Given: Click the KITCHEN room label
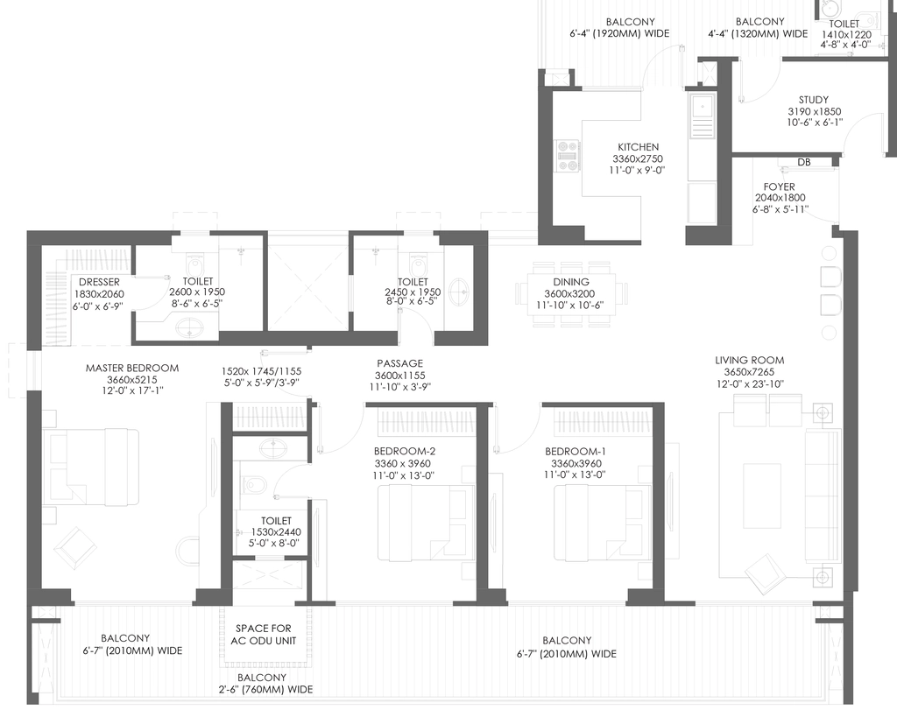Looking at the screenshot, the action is point(638,147).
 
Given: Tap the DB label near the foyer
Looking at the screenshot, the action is point(804,162).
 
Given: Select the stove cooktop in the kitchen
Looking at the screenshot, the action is point(569,156).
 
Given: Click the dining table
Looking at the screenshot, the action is point(571,294).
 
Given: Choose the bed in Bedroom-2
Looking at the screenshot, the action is point(426,524).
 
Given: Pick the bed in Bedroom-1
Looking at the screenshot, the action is point(603,524).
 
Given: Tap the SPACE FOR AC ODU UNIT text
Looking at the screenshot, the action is point(264,635).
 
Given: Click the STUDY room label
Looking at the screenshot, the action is point(814,100).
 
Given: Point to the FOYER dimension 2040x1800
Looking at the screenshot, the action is point(780,198).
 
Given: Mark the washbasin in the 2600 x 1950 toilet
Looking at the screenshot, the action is point(190,328).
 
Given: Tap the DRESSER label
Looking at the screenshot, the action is point(100,282).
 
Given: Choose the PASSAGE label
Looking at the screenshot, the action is point(399,363).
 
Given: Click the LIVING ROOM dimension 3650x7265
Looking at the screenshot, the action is point(750,372).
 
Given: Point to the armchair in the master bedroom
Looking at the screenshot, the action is point(75,547).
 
